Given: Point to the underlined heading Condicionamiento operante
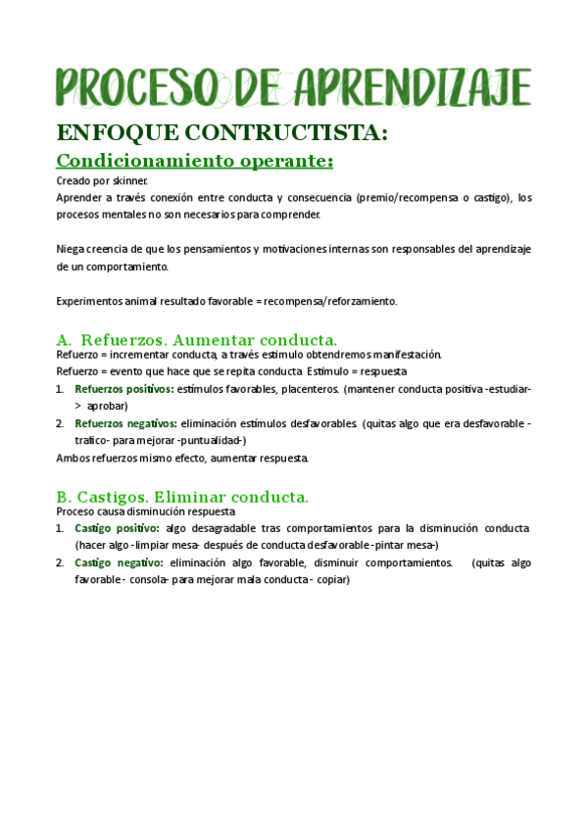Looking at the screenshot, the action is pos(195,160).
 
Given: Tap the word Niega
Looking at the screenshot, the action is pos(71,249).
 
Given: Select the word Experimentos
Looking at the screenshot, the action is pos(90,301).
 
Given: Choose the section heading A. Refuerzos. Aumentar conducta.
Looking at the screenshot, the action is pos(197,339).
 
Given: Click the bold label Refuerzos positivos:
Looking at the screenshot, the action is pos(124,389).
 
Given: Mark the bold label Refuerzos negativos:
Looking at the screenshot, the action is pos(125,423).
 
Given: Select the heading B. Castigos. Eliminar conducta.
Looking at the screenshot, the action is pos(183,496).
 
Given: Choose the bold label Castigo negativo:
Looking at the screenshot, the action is pos(118,562).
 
